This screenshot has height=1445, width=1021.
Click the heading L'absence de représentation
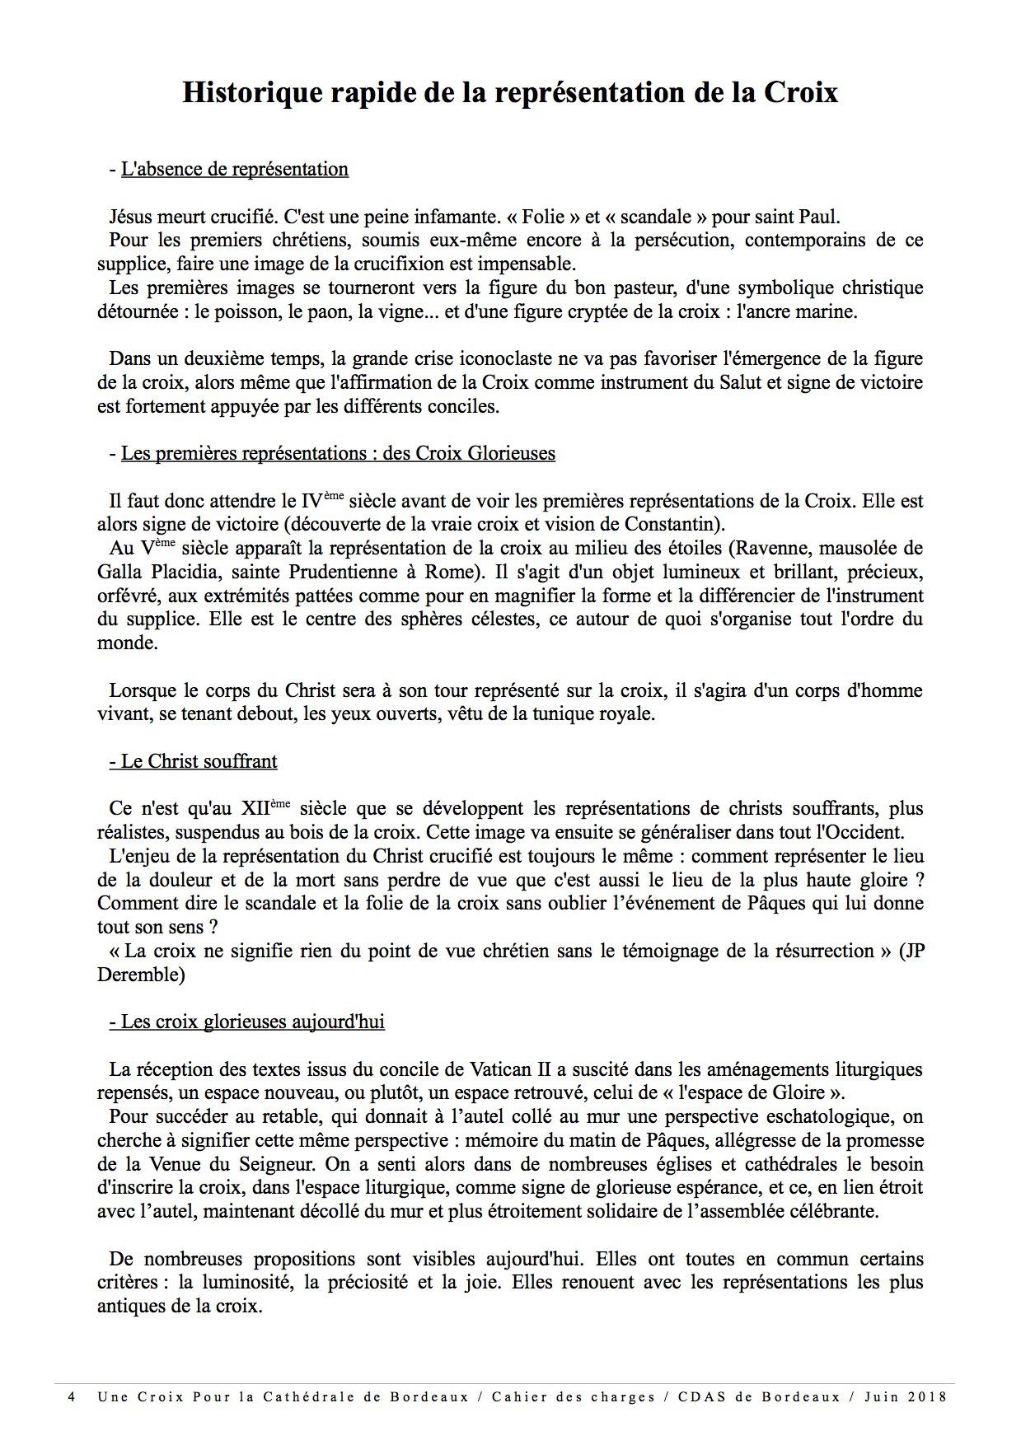tap(234, 169)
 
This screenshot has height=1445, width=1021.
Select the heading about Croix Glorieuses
tap(338, 453)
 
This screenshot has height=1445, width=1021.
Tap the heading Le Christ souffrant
tap(193, 761)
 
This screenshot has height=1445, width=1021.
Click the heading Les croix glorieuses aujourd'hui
tap(246, 1022)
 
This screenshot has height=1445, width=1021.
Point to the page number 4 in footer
tap(72, 1397)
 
